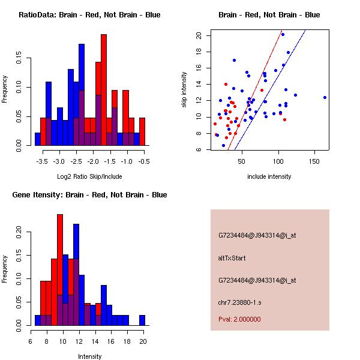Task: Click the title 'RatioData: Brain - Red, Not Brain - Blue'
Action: click(89, 15)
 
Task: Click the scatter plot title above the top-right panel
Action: click(269, 15)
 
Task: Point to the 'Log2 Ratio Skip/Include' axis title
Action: click(89, 176)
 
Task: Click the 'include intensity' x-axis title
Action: click(269, 176)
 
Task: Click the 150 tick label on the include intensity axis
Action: click(315, 162)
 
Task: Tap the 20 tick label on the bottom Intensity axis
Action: click(142, 342)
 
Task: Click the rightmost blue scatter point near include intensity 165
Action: click(325, 97)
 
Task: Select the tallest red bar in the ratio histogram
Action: click(104, 89)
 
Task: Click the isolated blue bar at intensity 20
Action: click(142, 320)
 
